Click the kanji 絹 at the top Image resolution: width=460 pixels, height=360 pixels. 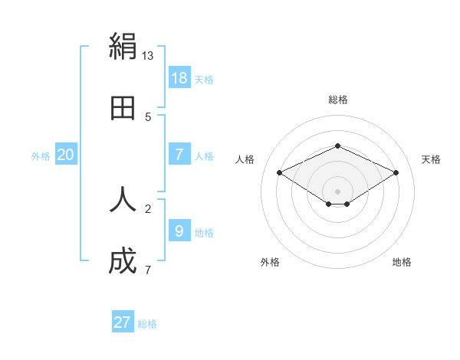click(x=123, y=47)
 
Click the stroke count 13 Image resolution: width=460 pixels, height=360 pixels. click(x=148, y=56)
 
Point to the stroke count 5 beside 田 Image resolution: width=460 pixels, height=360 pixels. click(x=148, y=117)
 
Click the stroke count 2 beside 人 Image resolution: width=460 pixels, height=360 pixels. click(x=148, y=208)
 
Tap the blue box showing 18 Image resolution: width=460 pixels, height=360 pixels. click(x=179, y=77)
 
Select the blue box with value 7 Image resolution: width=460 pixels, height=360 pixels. click(x=179, y=155)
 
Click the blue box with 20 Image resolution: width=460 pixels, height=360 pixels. click(x=66, y=155)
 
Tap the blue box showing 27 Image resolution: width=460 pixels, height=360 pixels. click(x=123, y=322)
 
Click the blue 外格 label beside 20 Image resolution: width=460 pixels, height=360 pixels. click(x=41, y=156)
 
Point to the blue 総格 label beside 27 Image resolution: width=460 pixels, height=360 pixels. click(x=148, y=324)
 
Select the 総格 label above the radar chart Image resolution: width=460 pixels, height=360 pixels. click(x=337, y=100)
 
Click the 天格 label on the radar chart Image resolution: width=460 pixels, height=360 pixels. click(x=431, y=159)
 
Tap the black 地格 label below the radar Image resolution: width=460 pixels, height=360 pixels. click(x=402, y=262)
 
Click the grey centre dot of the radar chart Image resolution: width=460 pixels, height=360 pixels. click(x=337, y=191)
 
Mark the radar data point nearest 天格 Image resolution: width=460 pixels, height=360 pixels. click(x=396, y=172)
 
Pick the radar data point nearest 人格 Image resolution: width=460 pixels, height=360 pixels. click(x=279, y=172)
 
